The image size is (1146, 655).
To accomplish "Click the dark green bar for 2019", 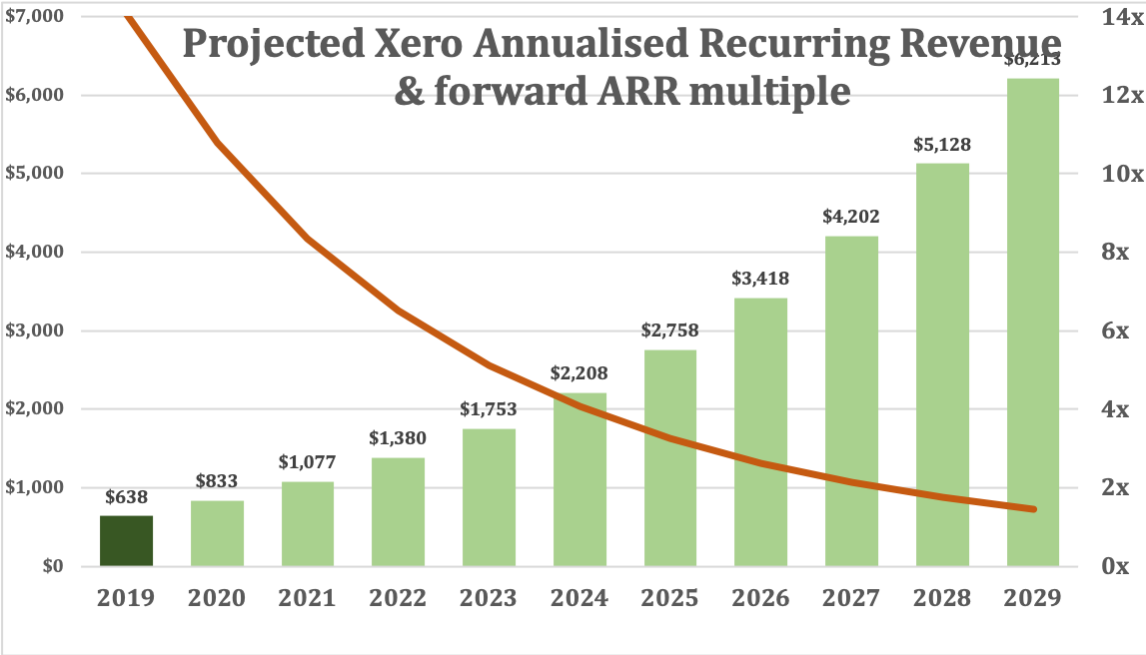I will (x=126, y=540).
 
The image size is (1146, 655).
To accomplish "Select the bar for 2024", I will (x=579, y=479).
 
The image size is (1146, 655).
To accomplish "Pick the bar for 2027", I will (x=851, y=400).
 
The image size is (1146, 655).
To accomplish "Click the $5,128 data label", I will (x=942, y=145).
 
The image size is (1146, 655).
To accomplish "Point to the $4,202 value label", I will (x=851, y=216).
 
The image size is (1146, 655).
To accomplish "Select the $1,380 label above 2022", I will (x=398, y=438).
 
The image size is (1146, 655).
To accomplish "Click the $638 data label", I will (x=126, y=495).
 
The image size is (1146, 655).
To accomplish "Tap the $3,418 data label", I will (x=760, y=279).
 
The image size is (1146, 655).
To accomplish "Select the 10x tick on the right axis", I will (x=1109, y=174).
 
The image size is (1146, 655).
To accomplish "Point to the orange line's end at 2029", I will (x=1033, y=509).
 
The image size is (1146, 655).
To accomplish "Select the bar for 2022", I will (x=398, y=511).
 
